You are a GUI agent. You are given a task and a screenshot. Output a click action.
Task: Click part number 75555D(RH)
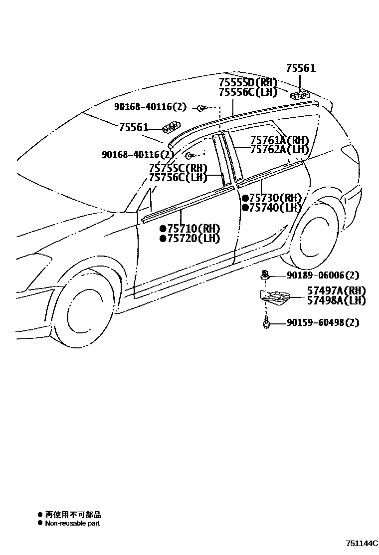tap(248, 82)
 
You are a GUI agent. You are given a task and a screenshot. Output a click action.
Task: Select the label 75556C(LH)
tap(248, 92)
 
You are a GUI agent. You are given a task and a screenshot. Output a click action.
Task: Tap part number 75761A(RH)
tap(279, 140)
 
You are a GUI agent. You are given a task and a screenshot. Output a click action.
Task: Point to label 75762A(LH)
tap(279, 149)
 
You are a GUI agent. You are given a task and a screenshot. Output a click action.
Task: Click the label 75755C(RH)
tap(178, 169)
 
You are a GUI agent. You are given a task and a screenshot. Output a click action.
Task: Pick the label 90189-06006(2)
tap(323, 275)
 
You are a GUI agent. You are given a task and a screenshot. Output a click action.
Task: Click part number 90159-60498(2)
tap(323, 322)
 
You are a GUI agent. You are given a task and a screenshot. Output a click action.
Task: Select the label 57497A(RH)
tap(336, 291)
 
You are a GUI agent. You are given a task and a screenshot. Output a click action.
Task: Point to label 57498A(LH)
tap(336, 300)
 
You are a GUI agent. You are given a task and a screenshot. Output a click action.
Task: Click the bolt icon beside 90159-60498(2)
tap(266, 322)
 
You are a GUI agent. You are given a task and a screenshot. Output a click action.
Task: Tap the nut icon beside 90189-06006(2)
tap(264, 275)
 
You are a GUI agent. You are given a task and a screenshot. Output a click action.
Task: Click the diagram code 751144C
tap(362, 543)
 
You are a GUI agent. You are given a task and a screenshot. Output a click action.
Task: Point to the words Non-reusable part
tap(72, 524)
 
